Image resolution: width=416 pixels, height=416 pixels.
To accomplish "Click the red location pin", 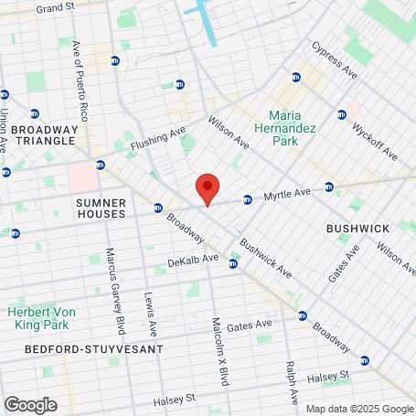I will click(x=208, y=189).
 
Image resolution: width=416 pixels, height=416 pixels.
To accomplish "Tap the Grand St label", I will click(x=55, y=8).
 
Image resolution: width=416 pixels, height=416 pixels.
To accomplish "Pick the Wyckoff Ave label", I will click(x=375, y=138).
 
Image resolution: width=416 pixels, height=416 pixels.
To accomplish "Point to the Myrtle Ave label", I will click(x=288, y=194).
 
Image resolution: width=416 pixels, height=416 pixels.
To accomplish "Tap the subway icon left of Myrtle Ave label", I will click(x=247, y=199).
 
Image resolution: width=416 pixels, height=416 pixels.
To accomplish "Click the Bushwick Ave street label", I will click(x=265, y=259).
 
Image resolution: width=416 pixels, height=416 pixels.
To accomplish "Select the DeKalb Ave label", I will click(x=193, y=259).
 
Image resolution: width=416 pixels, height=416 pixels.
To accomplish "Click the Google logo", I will click(x=30, y=404).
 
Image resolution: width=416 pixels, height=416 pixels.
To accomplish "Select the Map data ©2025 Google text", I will click(x=359, y=409).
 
